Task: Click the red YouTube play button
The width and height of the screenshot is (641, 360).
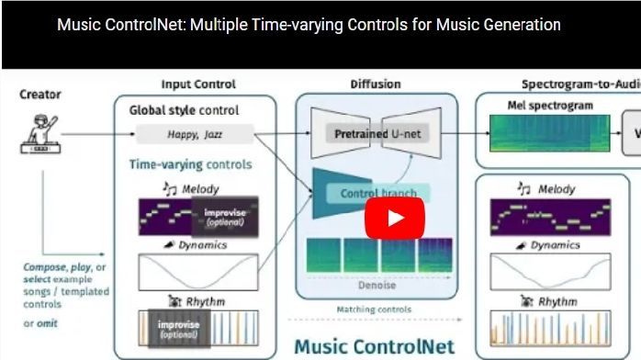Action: (395, 219)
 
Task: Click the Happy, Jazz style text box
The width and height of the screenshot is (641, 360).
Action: (194, 134)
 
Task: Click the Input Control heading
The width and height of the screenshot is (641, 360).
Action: (197, 84)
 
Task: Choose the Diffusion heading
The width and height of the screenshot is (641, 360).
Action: (375, 84)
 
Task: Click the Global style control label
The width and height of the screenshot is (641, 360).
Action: (184, 110)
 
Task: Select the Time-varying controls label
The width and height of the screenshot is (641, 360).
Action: (189, 165)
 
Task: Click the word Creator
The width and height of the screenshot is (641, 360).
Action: (40, 94)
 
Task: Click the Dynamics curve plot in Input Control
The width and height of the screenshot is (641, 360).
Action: (197, 272)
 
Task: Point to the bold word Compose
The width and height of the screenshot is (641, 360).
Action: (42, 268)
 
